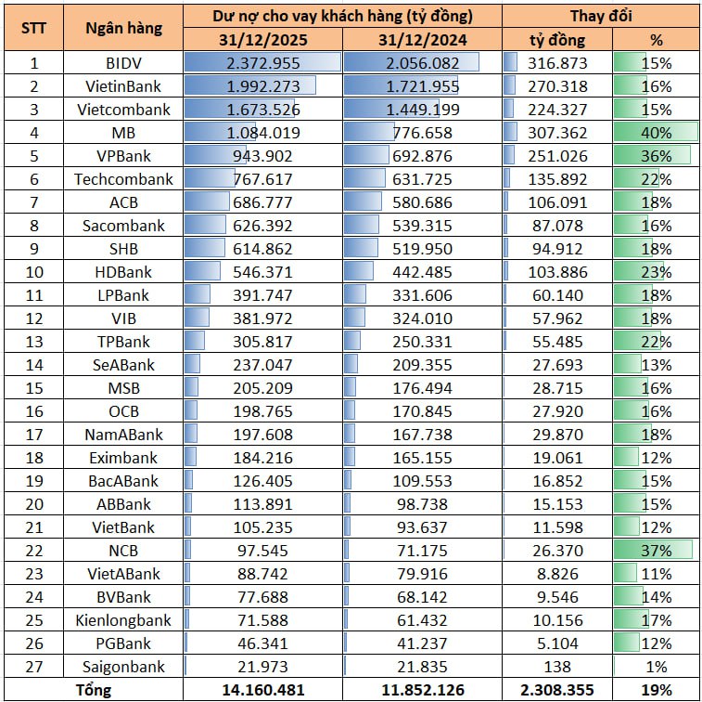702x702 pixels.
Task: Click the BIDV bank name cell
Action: (123, 63)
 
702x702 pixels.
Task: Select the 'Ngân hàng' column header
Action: (123, 28)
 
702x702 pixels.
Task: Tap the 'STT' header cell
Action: (34, 28)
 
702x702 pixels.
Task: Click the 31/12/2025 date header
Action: (262, 40)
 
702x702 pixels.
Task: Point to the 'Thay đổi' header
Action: (600, 16)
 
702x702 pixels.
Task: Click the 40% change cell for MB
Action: (655, 133)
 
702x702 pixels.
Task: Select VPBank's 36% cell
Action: (655, 156)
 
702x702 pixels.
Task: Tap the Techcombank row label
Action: (123, 179)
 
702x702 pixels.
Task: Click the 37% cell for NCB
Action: (655, 551)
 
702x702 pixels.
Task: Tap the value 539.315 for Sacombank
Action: (421, 226)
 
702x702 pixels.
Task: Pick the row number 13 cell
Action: (34, 342)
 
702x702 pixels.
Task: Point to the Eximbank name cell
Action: (123, 458)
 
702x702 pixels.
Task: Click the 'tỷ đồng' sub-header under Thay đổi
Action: (556, 40)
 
